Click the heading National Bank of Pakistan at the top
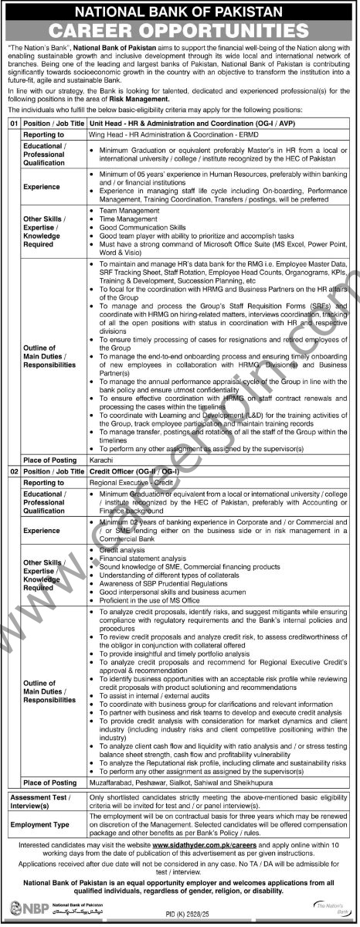click(180, 12)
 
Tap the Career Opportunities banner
click(180, 32)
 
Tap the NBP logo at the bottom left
click(23, 910)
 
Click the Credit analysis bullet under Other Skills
click(119, 548)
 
